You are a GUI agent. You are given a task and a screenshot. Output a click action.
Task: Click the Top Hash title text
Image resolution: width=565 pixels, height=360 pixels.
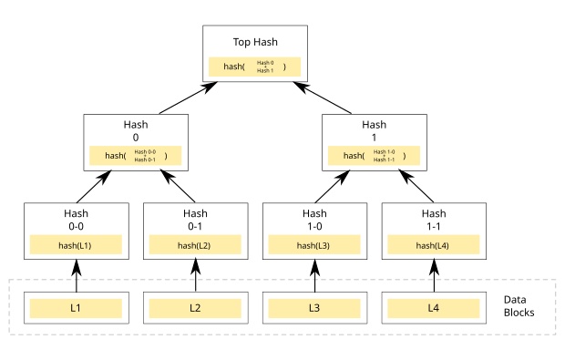point(254,42)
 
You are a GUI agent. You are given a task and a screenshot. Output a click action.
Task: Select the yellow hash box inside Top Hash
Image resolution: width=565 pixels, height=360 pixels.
point(254,67)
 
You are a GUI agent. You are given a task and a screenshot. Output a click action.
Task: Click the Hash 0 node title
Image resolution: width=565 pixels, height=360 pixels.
point(136,131)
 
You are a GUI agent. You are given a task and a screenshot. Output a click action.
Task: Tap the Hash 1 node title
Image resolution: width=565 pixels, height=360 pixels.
point(374,131)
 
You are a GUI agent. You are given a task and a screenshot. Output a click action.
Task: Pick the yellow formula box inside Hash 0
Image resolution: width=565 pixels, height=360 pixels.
point(136,156)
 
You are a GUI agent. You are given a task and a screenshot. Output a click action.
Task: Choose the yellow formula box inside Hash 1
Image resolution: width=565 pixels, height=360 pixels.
point(374,156)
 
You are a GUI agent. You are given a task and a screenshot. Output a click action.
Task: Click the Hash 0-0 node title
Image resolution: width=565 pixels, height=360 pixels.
point(76,220)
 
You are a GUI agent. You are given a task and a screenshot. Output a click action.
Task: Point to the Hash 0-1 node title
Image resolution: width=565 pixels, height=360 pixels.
point(195,220)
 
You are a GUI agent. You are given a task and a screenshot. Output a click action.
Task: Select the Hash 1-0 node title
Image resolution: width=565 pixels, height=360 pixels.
point(314,220)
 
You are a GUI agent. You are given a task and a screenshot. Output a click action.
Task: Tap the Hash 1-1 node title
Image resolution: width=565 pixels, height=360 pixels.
point(434,220)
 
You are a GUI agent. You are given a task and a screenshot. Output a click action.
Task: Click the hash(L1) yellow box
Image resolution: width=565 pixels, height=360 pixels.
point(76,245)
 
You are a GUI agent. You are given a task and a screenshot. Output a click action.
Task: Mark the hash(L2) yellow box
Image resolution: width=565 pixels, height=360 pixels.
point(195,245)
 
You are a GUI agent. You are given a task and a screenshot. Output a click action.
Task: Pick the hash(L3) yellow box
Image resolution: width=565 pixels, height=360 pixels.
point(314,245)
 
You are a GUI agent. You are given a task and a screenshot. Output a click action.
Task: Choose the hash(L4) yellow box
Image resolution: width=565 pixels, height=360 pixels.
point(434,245)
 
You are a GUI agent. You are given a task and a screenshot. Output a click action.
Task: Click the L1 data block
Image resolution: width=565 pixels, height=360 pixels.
point(76,308)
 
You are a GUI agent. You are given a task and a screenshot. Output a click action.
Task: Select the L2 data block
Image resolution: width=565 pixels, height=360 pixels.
point(195,308)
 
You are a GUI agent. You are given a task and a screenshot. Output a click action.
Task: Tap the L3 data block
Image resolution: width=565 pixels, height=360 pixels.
point(314,308)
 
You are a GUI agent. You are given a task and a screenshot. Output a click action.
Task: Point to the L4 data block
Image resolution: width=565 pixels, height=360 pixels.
point(434,308)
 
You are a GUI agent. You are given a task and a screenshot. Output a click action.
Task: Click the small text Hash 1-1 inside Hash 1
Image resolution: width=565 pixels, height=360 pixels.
point(384,159)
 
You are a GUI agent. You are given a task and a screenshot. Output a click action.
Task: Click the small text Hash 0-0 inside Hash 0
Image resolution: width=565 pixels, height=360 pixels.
point(145,151)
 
